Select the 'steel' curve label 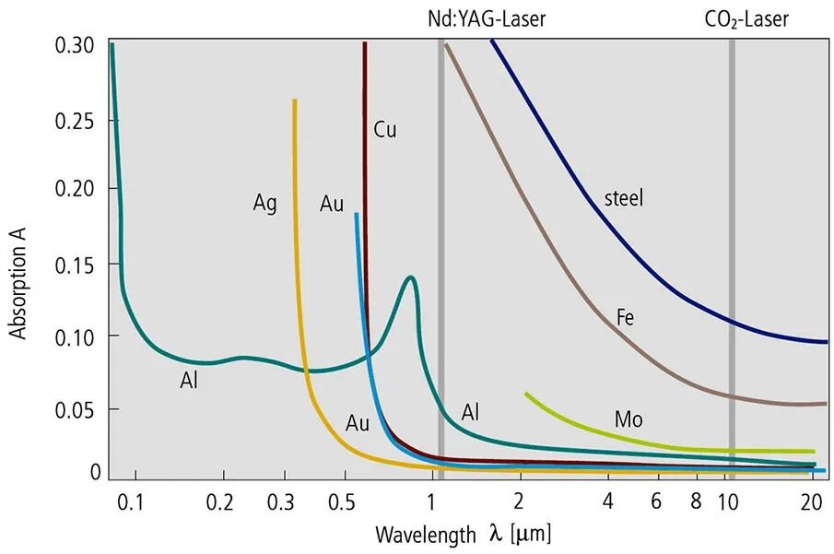pyautogui.click(x=624, y=197)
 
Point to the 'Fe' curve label pyautogui.click(x=625, y=318)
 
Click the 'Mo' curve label pyautogui.click(x=628, y=420)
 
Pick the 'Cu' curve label pyautogui.click(x=385, y=130)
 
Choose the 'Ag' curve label pyautogui.click(x=265, y=203)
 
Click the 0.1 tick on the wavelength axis pyautogui.click(x=135, y=502)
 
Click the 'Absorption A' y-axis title pyautogui.click(x=19, y=278)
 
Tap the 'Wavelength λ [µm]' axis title pyautogui.click(x=464, y=534)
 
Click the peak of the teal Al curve pyautogui.click(x=410, y=277)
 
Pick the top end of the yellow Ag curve pyautogui.click(x=295, y=100)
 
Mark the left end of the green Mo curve pyautogui.click(x=526, y=394)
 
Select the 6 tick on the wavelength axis pyautogui.click(x=657, y=502)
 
